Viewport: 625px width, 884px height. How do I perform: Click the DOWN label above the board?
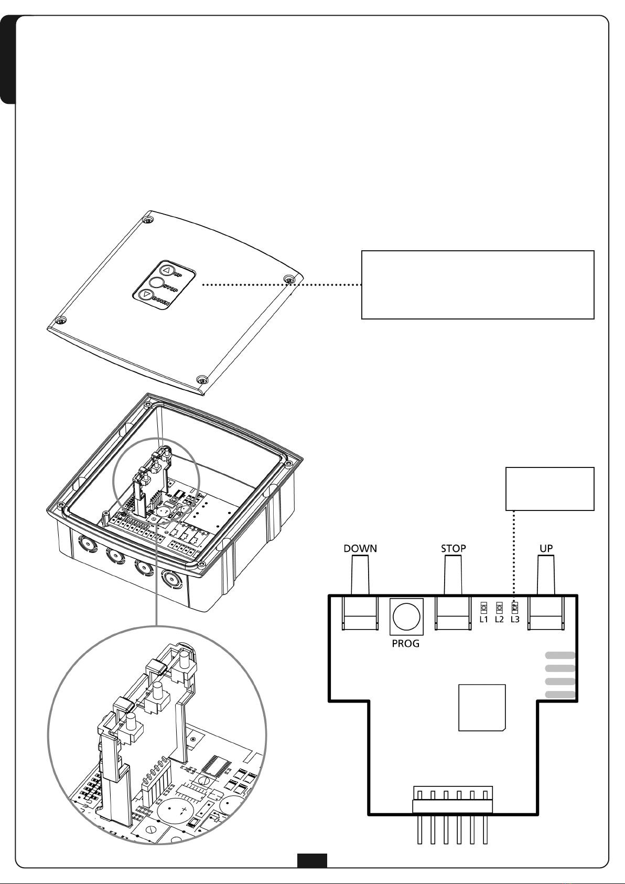coord(360,549)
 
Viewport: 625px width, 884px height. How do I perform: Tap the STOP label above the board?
coord(453,549)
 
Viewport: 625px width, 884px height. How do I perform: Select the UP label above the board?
coord(546,549)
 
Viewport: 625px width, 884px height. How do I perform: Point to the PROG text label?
coord(405,644)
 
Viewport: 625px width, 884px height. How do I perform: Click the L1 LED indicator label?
coord(484,620)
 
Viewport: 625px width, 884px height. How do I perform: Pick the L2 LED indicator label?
coord(499,620)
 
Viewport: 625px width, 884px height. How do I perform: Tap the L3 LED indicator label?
coord(515,620)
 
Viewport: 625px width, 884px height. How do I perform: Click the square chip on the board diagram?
coord(482,707)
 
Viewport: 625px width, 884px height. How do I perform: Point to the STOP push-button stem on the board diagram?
coord(453,576)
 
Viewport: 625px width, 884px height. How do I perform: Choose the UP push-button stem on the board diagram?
coord(546,576)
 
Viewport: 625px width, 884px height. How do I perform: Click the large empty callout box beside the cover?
coord(478,285)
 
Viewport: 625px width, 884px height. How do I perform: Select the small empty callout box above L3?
coord(549,488)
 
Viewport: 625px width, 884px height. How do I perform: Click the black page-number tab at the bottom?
coord(312,860)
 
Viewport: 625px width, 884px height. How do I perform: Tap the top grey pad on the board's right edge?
coord(561,655)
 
